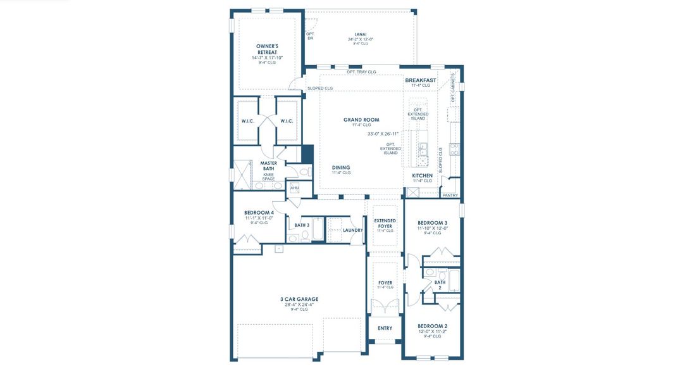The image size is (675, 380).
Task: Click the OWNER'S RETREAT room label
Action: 267,49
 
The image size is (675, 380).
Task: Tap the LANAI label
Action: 361,34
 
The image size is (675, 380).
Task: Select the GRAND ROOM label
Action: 361,120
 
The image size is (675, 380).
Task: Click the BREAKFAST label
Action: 421,80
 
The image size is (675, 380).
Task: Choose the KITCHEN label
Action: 423,175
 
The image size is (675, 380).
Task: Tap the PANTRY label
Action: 450,196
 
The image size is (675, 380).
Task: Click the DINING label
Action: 341,168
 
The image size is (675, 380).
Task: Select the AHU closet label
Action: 294,188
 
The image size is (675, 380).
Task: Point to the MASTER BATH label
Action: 269,166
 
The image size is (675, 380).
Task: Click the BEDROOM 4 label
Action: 259,213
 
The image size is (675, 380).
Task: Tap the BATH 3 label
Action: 302,225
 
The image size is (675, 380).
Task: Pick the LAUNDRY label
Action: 352,230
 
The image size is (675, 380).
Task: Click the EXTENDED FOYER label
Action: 385,223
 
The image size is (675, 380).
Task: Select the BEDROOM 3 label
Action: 433,223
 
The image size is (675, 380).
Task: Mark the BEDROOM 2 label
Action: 433,326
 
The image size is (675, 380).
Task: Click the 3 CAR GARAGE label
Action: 299,299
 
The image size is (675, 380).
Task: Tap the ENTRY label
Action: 385,328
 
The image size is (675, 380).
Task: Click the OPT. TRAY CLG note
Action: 361,72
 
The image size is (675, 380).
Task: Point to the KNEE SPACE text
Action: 269,177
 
